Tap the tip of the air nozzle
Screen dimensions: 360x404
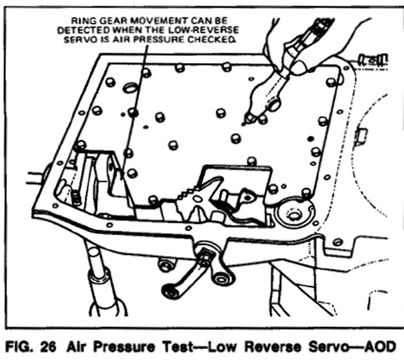click(246, 121)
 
